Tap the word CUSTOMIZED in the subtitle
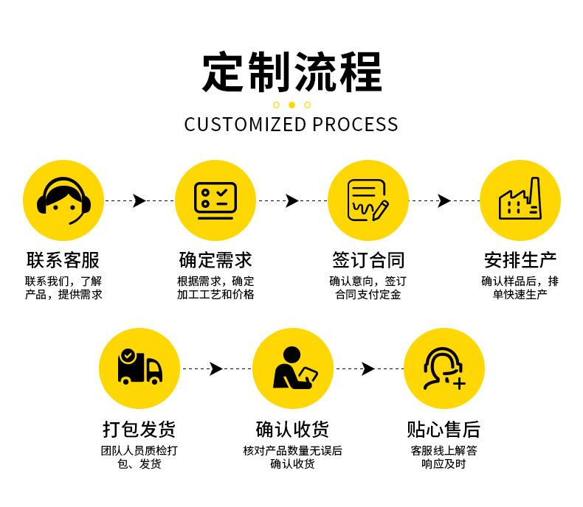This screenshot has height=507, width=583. (245, 124)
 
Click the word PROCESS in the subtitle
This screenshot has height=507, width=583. (355, 124)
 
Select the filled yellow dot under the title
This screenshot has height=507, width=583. (291, 105)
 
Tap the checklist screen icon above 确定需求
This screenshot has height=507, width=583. (215, 200)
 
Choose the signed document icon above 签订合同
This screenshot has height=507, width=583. (368, 200)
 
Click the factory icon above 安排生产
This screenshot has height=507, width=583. (520, 200)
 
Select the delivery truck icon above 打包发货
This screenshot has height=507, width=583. (139, 368)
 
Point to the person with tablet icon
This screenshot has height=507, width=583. (292, 368)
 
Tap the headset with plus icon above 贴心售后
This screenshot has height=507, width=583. (444, 368)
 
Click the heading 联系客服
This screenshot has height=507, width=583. (63, 260)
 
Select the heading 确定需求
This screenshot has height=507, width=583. (215, 260)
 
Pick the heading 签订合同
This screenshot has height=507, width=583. (368, 260)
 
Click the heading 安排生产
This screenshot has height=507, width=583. (520, 260)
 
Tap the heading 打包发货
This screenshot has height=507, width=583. (139, 429)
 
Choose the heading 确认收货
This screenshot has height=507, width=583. (292, 429)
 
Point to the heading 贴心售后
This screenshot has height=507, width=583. (444, 429)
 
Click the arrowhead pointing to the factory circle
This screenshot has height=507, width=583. (444, 200)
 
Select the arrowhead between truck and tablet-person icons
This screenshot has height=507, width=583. (215, 368)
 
